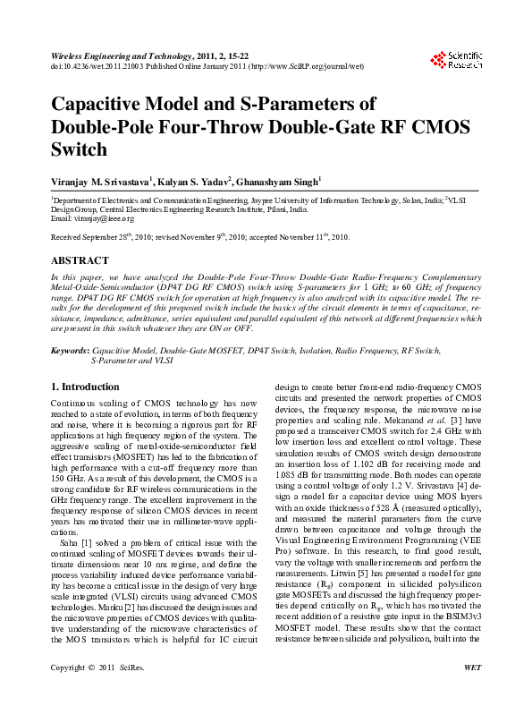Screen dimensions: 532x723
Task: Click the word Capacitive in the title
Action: (x=100, y=104)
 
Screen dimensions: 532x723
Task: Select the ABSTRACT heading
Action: (x=78, y=260)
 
